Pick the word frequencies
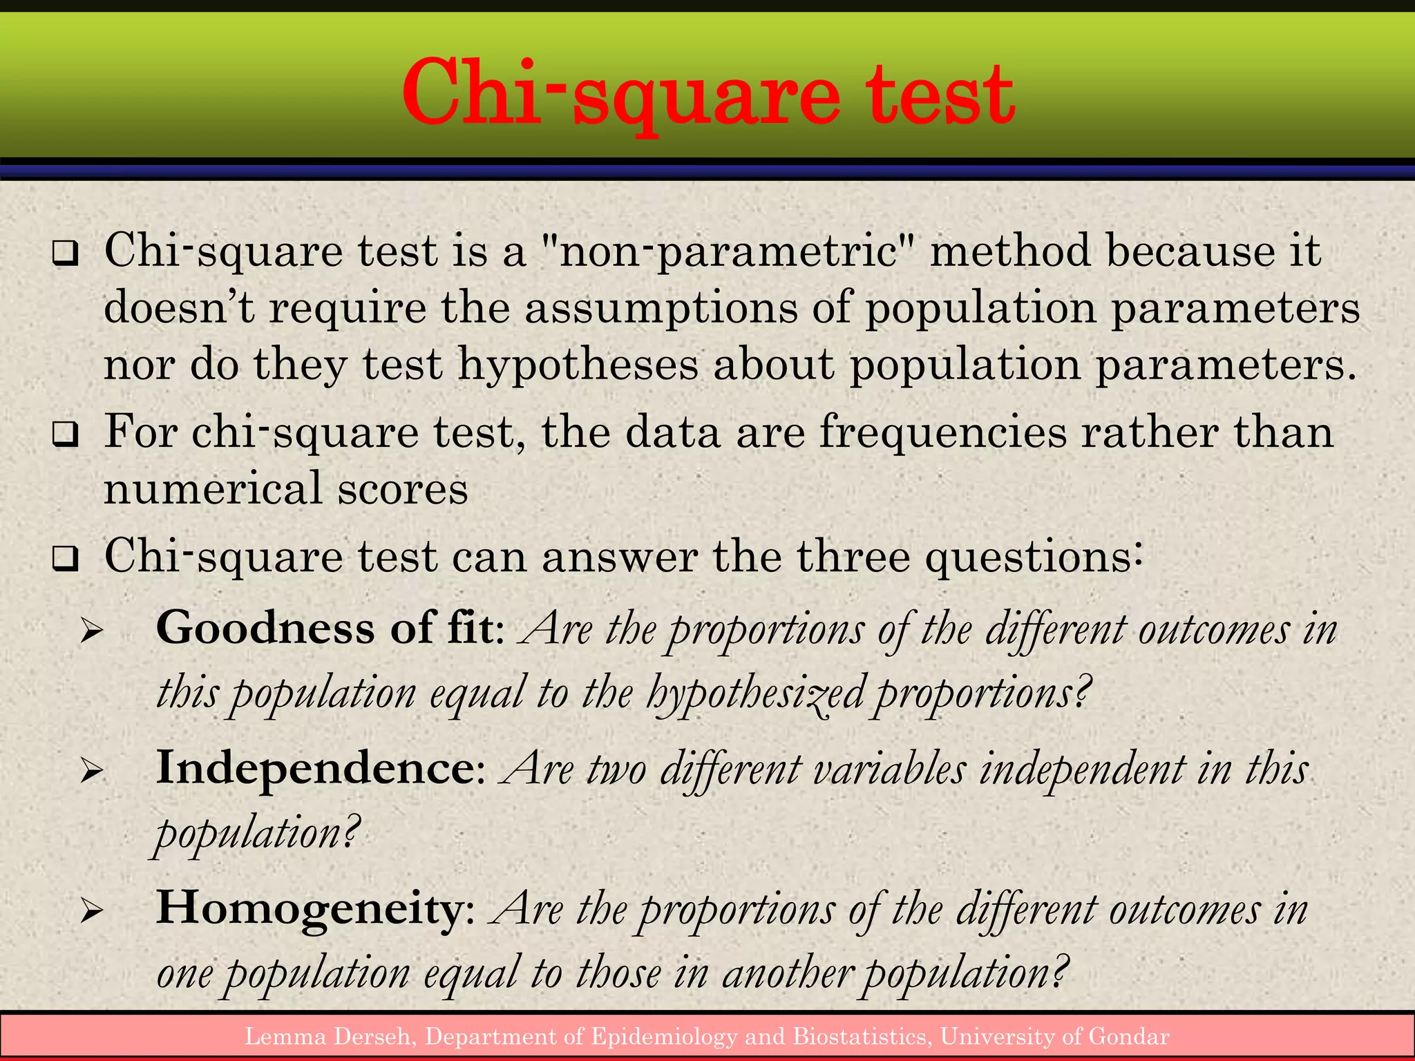942,434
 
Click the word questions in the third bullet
1033,557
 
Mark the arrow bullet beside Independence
91,771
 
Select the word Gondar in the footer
1129,1036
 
